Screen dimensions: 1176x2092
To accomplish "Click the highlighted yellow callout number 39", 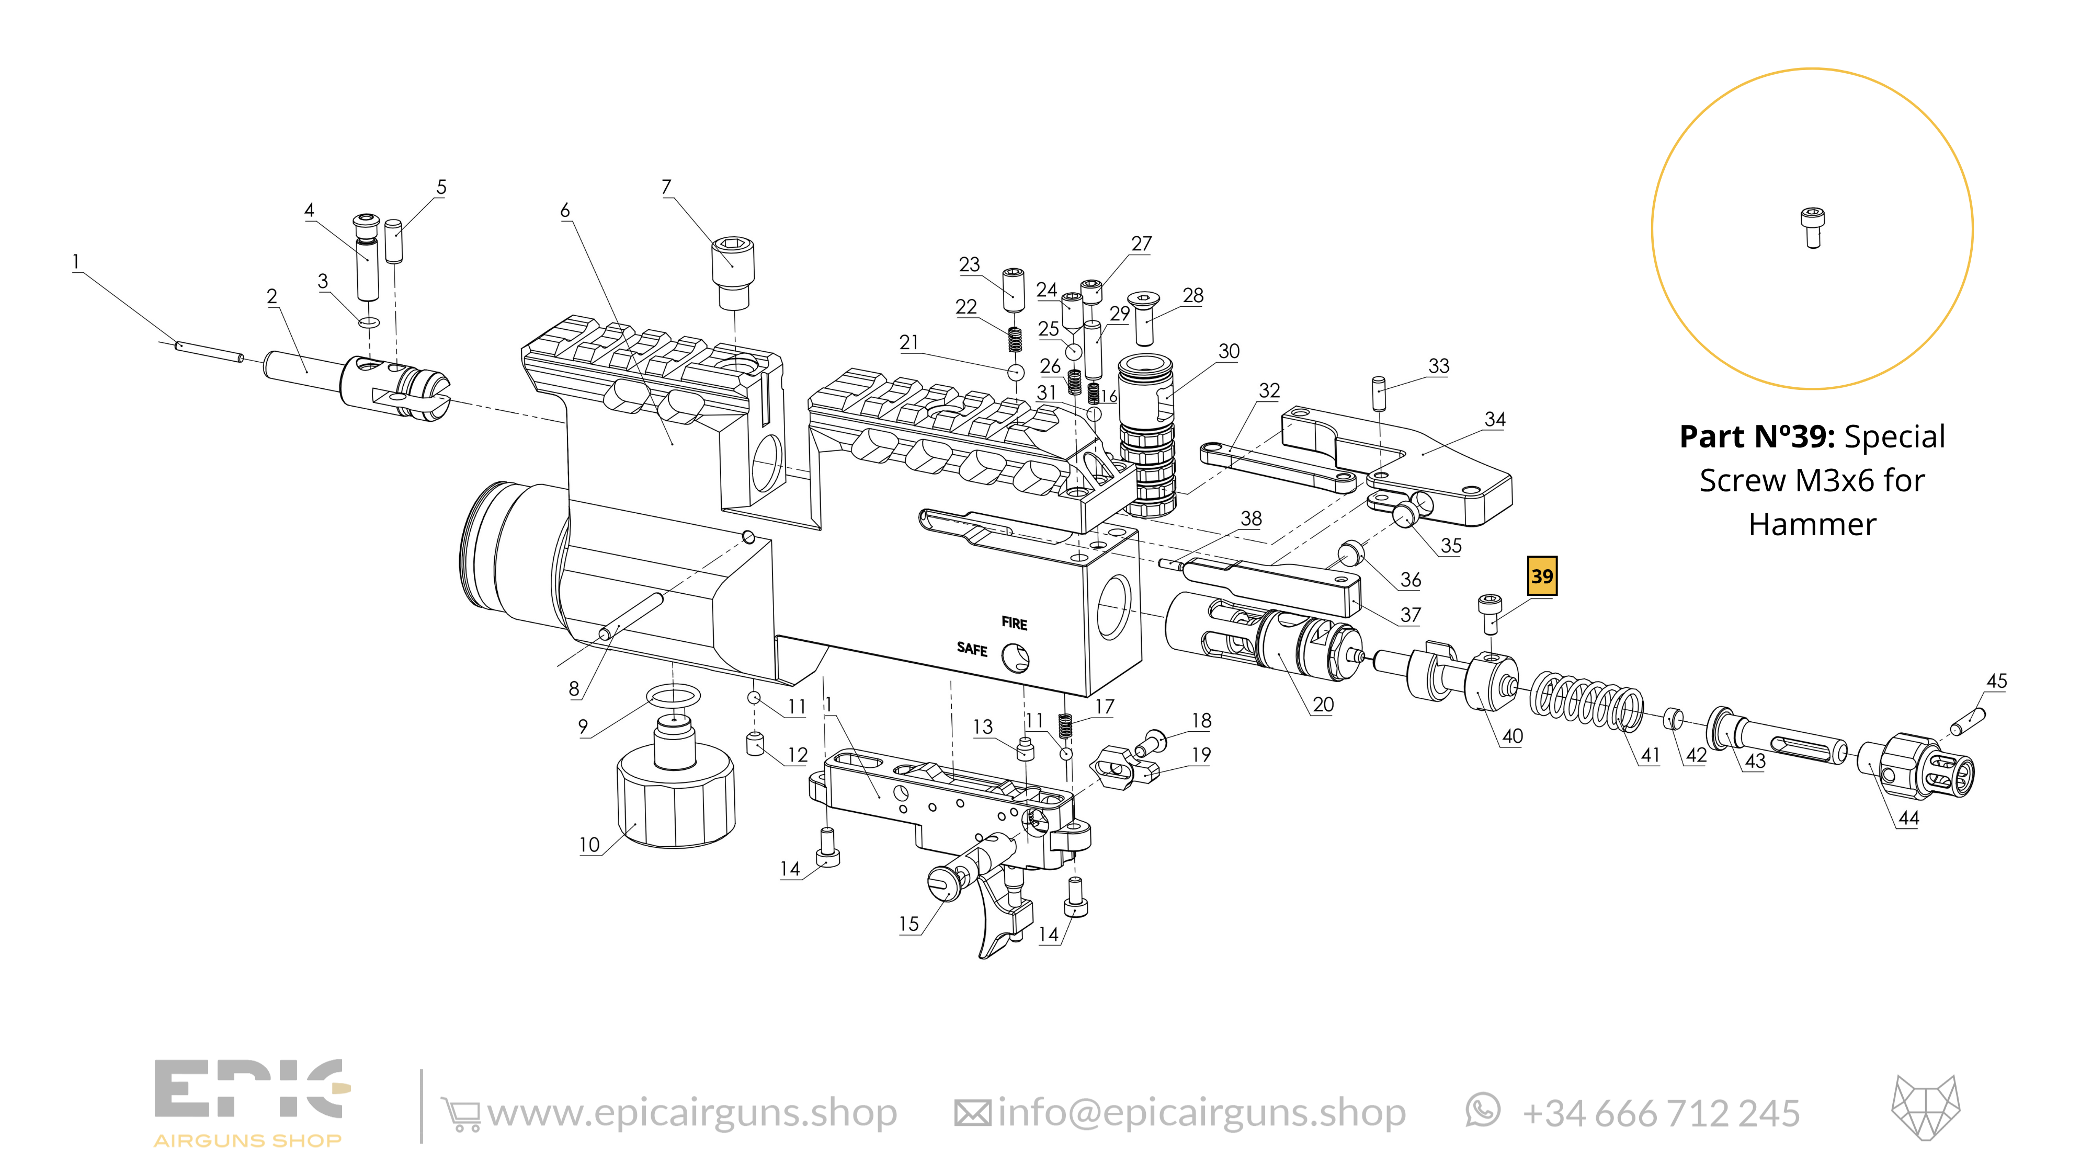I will point(1541,576).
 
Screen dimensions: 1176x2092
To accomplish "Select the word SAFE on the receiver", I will point(971,649).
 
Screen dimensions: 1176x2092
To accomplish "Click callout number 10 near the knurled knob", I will point(589,845).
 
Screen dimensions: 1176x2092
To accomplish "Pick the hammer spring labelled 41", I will point(1586,700).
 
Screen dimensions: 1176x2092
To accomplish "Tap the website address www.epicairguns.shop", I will point(692,1113).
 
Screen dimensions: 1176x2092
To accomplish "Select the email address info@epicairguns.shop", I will point(1201,1113).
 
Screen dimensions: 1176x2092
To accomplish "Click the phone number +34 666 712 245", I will point(1661,1113).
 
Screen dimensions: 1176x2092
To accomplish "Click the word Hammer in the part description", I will point(1812,524).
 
